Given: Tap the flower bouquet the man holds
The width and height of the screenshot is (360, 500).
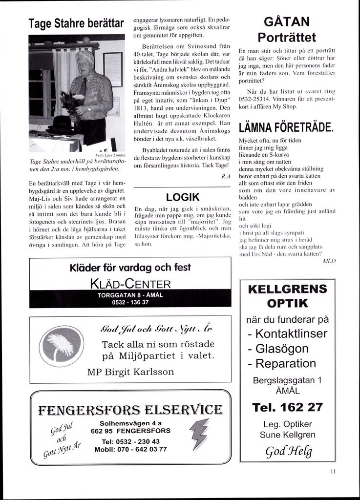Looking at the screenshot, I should (x=72, y=103).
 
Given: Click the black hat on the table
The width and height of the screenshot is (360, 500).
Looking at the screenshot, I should (x=61, y=125).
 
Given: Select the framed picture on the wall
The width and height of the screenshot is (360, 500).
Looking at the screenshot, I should (x=112, y=69).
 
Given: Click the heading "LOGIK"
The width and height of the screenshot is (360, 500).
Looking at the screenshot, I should (x=183, y=197).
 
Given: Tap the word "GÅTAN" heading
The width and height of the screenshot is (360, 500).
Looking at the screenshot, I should (x=287, y=22).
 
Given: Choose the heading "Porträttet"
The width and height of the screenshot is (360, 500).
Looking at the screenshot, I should (x=287, y=38).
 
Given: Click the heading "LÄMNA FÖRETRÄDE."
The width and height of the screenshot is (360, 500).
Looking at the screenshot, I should (x=286, y=128).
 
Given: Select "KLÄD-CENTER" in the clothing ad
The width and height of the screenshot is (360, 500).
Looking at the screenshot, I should (x=130, y=284).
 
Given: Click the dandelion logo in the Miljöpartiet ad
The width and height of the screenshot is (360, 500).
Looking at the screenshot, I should (x=62, y=345).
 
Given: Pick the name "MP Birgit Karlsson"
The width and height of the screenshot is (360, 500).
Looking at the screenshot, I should (x=130, y=372).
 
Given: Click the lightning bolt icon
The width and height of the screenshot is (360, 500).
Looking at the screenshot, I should (x=198, y=431).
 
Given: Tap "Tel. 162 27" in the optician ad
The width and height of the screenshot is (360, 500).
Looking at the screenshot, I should (x=287, y=407).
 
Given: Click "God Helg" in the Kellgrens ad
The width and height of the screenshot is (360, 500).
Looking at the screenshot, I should (x=287, y=451).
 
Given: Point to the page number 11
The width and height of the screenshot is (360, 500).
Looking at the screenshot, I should (x=333, y=472).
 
